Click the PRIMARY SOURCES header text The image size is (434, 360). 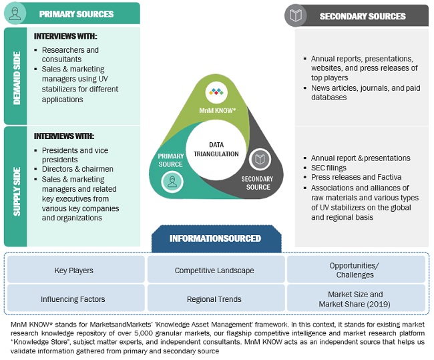click(76, 14)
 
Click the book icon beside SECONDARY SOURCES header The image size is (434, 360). click(296, 15)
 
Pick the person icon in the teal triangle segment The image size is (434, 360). click(172, 181)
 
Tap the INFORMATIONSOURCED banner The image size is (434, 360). click(215, 238)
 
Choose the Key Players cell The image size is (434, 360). click(73, 271)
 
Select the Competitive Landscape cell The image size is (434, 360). click(214, 271)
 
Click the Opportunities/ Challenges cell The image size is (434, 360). click(355, 270)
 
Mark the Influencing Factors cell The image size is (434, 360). click(73, 299)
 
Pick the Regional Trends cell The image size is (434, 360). click(214, 299)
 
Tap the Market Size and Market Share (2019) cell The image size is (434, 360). click(355, 299)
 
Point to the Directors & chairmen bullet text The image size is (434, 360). click(77, 170)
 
